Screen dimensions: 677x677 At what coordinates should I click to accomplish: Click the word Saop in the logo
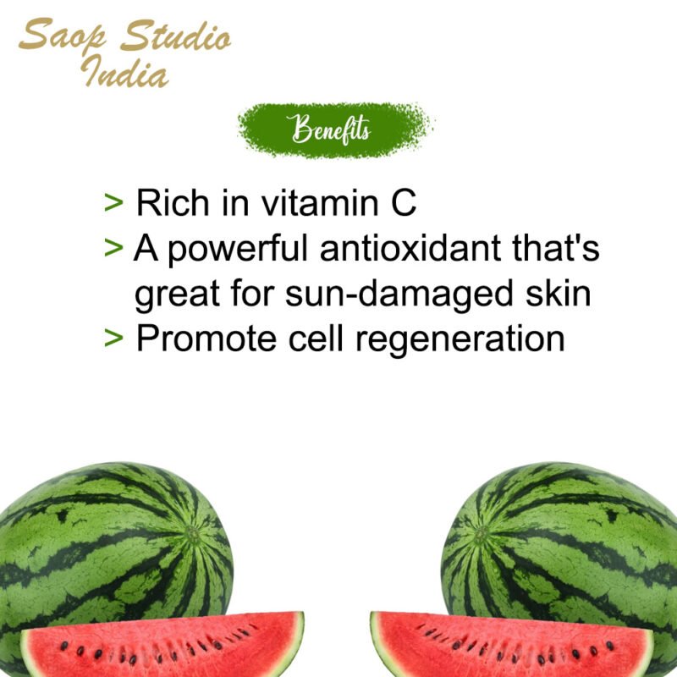tap(64, 37)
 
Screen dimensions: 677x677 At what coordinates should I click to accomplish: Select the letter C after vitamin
tap(403, 203)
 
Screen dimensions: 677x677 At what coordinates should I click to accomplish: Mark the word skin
tap(556, 294)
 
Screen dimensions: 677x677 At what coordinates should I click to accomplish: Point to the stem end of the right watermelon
tap(481, 535)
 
